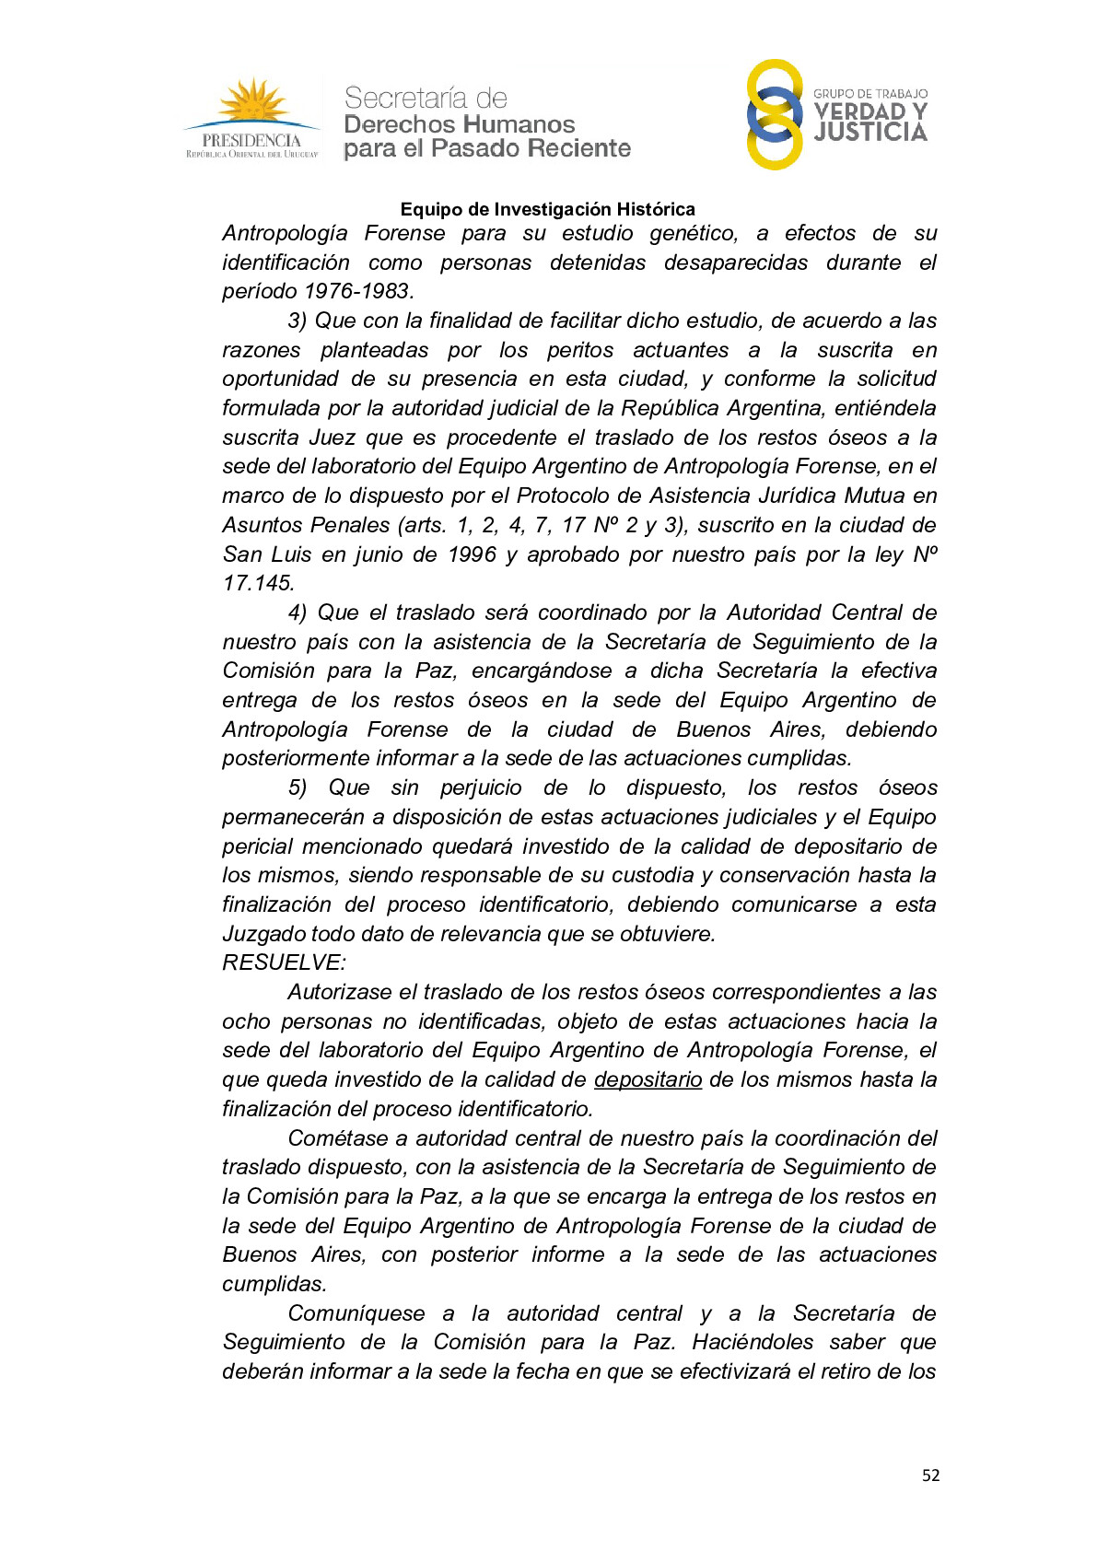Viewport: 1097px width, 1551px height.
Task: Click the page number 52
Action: click(x=930, y=1475)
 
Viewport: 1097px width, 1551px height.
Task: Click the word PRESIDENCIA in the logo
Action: click(x=251, y=140)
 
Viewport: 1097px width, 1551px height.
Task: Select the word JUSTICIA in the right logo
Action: click(x=869, y=133)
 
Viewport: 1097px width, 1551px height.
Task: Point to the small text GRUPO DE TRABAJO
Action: click(x=869, y=94)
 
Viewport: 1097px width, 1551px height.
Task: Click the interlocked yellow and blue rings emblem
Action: click(x=774, y=114)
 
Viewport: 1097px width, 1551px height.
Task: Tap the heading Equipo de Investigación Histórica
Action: click(x=547, y=209)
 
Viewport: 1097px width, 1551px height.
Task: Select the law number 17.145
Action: click(x=259, y=583)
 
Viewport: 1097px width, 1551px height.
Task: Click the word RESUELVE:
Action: click(x=284, y=962)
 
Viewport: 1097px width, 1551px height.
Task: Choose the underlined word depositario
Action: click(x=648, y=1079)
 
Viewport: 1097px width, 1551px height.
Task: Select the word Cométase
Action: click(x=334, y=1138)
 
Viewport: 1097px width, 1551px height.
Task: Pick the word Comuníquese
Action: click(x=356, y=1313)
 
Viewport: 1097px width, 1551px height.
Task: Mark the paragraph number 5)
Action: click(x=297, y=787)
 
